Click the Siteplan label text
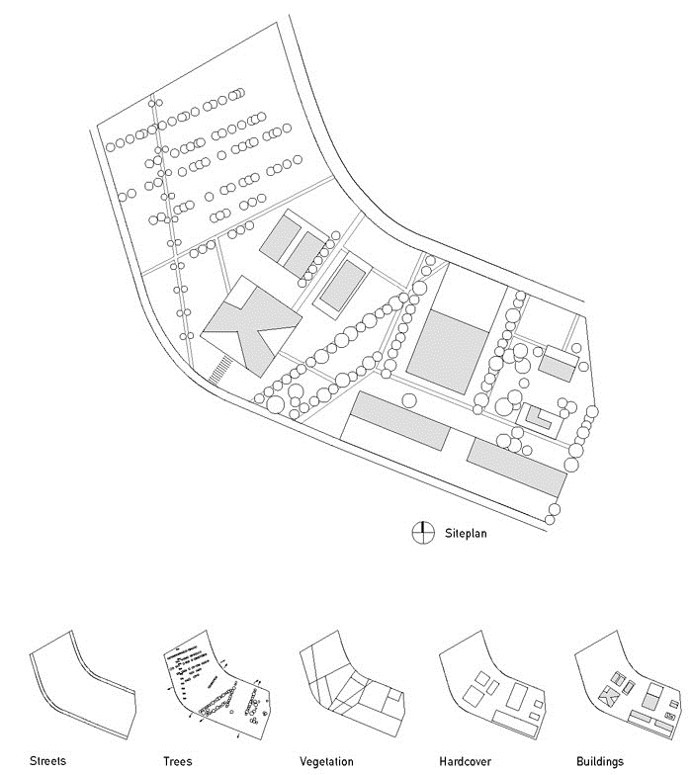point(465,534)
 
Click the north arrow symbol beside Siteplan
point(423,533)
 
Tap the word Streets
point(47,761)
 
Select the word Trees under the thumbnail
point(178,761)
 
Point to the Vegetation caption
point(326,761)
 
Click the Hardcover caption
point(465,761)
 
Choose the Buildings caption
point(600,761)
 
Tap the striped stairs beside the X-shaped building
point(219,370)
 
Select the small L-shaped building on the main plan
point(538,419)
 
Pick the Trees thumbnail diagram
point(216,684)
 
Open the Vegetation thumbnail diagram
point(352,684)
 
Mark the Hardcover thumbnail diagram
point(492,684)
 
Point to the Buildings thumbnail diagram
point(629,684)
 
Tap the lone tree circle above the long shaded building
point(409,400)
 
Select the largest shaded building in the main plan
point(447,352)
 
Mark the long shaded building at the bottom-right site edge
point(517,468)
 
